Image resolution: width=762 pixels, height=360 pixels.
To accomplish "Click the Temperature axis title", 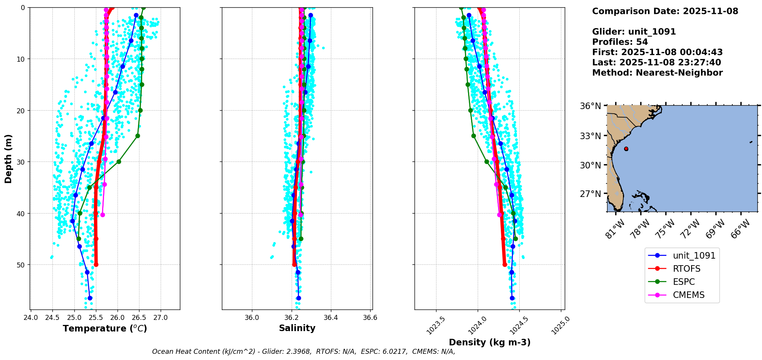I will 105,328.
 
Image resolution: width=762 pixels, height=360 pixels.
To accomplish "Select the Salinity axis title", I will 297,328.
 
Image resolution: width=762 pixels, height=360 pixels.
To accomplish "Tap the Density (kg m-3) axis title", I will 490,342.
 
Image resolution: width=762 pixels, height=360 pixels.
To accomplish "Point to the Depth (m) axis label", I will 8,158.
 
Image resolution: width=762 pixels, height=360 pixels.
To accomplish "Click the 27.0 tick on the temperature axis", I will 161,318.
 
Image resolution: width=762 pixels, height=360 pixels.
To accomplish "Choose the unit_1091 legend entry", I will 694,256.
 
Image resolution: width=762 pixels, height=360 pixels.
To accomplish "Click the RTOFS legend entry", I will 686,269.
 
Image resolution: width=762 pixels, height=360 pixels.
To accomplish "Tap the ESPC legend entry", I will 684,282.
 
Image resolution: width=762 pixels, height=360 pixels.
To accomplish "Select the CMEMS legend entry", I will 688,295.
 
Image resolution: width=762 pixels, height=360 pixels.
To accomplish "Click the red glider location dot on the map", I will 626,149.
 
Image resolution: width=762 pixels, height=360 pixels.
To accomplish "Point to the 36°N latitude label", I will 590,106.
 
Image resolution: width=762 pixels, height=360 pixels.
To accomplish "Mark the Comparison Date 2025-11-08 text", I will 665,11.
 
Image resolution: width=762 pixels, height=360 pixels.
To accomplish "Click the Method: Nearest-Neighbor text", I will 657,73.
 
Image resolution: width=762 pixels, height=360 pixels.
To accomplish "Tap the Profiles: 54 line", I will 620,42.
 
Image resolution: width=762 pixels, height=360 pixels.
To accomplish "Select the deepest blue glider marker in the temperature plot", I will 90,298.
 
